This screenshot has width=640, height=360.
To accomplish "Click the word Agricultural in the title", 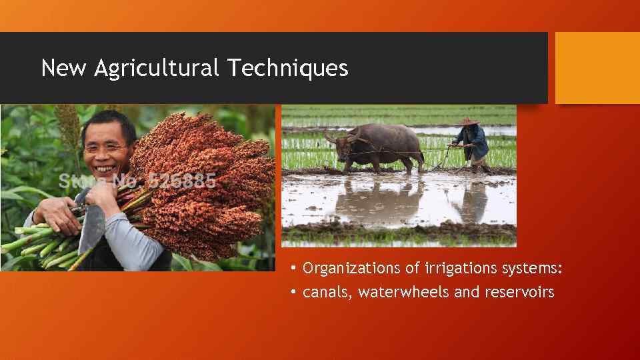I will [156, 68].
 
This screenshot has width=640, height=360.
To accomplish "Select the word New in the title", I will [64, 68].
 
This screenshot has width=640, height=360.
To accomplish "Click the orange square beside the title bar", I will [597, 68].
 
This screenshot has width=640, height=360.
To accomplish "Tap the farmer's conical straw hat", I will [469, 122].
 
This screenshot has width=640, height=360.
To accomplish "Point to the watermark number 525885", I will [181, 181].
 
